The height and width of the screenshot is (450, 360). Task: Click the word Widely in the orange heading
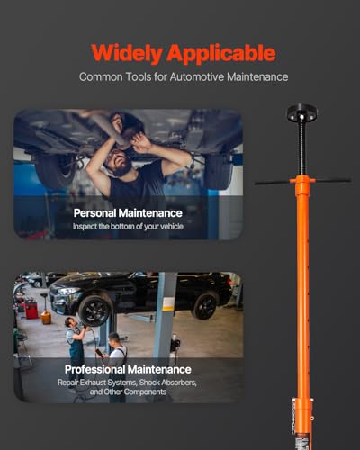[x=127, y=53]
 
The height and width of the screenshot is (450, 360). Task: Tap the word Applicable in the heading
[x=221, y=54]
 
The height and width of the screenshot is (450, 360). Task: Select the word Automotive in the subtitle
[x=197, y=76]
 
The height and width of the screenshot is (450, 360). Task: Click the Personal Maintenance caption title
[x=128, y=213]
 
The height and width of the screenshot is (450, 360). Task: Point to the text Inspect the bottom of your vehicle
[x=128, y=226]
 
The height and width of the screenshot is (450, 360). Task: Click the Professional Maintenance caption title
[x=128, y=369]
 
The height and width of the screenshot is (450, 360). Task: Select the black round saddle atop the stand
[x=301, y=112]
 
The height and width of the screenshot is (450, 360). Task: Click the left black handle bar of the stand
[x=272, y=183]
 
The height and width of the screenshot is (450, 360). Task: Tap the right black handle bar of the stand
[x=333, y=181]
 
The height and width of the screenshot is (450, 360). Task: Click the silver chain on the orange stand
[x=293, y=417]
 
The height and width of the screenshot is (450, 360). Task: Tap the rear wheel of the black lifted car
[x=205, y=306]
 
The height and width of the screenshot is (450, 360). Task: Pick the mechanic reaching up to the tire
[x=76, y=345]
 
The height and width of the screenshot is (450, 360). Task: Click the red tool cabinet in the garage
[x=31, y=309]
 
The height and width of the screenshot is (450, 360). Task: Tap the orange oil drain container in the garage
[x=46, y=318]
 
